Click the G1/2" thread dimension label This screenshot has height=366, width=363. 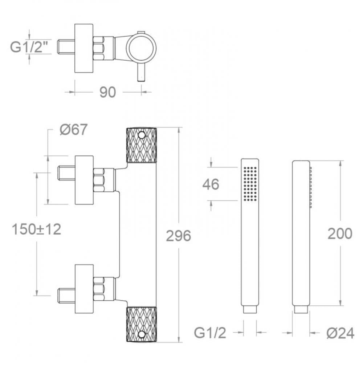[28, 47]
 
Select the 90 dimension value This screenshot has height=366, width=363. [107, 92]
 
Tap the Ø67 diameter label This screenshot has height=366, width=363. [73, 129]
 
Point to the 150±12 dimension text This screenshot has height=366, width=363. [36, 229]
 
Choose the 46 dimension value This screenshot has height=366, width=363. [211, 184]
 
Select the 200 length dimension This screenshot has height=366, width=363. [340, 234]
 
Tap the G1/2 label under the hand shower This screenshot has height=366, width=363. [210, 333]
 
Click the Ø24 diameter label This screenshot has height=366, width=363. [340, 333]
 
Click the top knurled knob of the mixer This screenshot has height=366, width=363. [141, 145]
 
